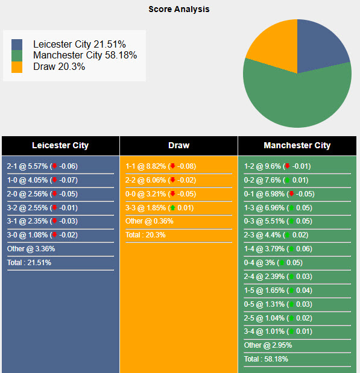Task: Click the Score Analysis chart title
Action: coord(179,9)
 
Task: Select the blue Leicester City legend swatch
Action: coord(17,45)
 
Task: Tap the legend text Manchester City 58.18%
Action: coord(85,55)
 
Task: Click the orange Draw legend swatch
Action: coord(17,67)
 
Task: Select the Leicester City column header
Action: coord(60,145)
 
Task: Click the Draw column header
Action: coord(178,145)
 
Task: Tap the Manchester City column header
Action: coord(297,145)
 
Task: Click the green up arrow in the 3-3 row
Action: coord(173,208)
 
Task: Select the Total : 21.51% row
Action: coord(29,263)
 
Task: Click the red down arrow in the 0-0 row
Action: coord(173,194)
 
